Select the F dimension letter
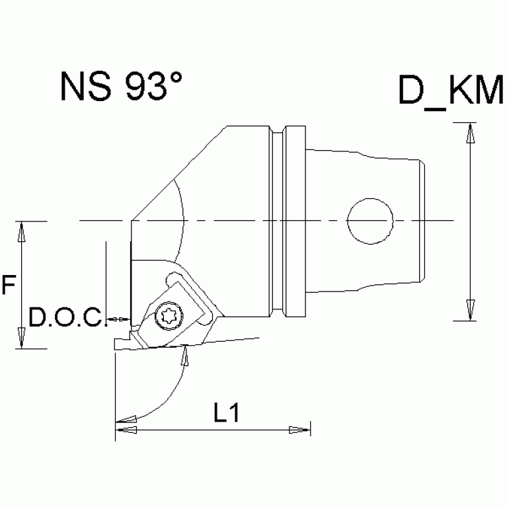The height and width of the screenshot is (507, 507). point(8,286)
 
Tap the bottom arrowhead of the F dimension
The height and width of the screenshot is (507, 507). point(22,338)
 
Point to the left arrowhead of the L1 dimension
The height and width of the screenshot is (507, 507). point(127,430)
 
